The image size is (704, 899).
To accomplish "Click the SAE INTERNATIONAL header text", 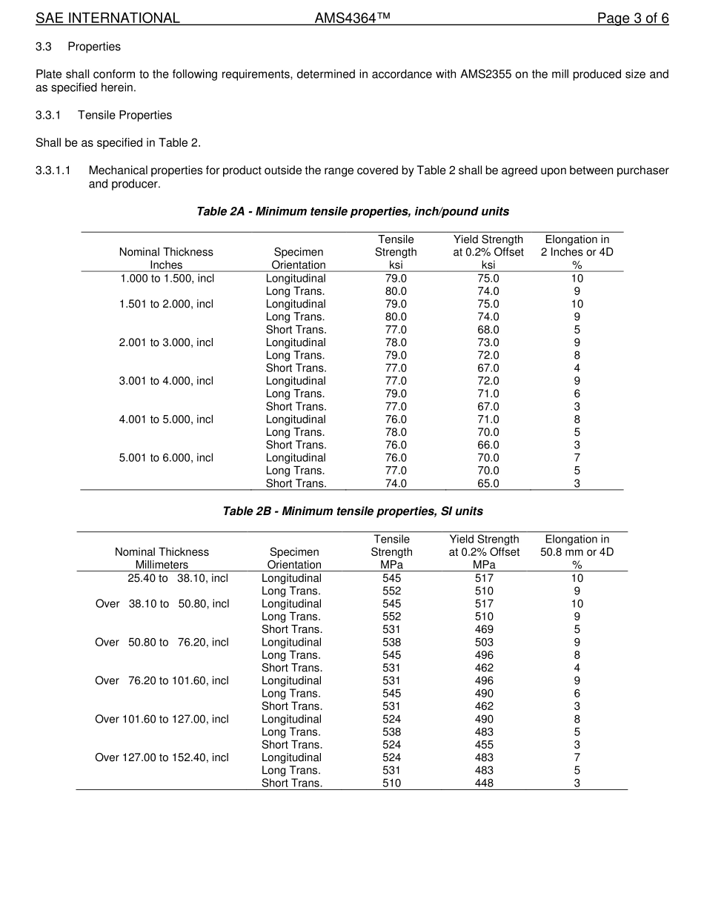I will [x=107, y=19].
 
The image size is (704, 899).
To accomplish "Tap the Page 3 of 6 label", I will [x=633, y=19].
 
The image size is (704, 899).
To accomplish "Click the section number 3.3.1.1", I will [x=53, y=170].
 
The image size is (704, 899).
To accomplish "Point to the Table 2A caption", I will [x=352, y=211].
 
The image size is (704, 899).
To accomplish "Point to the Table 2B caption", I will [x=352, y=511].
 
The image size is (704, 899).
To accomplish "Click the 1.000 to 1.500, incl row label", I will [x=167, y=279].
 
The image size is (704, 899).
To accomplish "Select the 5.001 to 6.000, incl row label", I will [x=166, y=458].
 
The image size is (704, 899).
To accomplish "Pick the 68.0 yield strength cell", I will [x=488, y=330].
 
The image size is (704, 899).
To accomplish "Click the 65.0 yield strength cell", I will [x=488, y=483].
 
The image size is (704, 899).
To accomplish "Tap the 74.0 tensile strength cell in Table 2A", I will [x=396, y=483].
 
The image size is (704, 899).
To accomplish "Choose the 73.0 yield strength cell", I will [x=488, y=342].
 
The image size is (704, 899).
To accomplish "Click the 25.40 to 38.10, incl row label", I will [x=178, y=578].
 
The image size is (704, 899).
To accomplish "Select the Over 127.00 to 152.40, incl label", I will [x=162, y=757].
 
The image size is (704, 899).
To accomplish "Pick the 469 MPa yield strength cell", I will [x=484, y=629].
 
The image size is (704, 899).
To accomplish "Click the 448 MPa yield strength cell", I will [x=484, y=783].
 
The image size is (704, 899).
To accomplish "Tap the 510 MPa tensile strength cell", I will [x=391, y=783].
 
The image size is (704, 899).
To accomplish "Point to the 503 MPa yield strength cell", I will [x=484, y=642].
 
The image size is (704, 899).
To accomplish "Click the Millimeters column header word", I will [x=162, y=565].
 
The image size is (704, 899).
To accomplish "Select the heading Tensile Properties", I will [x=124, y=115].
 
